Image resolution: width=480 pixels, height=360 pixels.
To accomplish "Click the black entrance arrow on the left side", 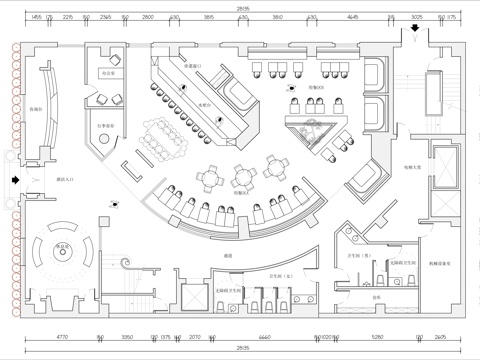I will tap(13, 180).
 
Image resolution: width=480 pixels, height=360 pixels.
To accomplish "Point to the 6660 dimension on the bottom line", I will tap(250, 339).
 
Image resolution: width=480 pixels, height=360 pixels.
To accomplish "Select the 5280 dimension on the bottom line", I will tap(377, 339).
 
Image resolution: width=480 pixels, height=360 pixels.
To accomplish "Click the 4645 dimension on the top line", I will tap(353, 18).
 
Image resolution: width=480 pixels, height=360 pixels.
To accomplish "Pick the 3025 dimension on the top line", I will tap(417, 18).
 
